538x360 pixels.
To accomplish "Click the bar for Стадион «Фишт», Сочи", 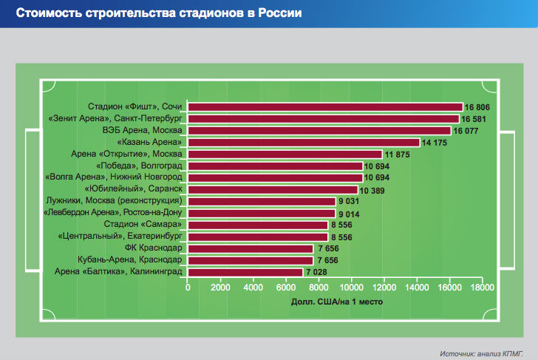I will coord(325,107).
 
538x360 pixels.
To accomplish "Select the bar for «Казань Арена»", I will coord(304,142).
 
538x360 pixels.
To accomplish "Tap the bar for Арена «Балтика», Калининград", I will coord(245,272).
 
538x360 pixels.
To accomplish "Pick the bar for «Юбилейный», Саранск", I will coord(273,189).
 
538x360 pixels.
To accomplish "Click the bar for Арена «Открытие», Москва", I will coord(285,154).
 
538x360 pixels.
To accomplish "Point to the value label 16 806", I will coord(477,107).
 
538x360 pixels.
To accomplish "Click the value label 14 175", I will coord(435,142).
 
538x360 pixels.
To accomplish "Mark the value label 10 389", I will coord(373,189).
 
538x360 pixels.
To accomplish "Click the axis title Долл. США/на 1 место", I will coord(336,301).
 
